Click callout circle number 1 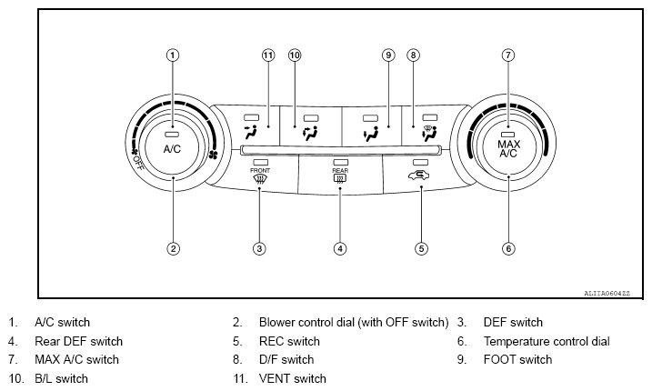[x=173, y=55]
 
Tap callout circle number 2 [x=173, y=247]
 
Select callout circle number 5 [x=421, y=247]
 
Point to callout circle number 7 [x=508, y=55]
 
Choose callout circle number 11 [x=268, y=55]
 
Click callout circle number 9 [x=388, y=55]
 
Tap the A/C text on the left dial [x=173, y=147]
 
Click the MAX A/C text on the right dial [x=508, y=149]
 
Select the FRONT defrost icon [x=259, y=179]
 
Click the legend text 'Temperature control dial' [x=547, y=341]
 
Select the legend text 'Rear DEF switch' [x=78, y=341]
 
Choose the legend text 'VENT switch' [x=292, y=378]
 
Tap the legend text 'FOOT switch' [x=517, y=359]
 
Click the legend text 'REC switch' [x=289, y=341]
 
